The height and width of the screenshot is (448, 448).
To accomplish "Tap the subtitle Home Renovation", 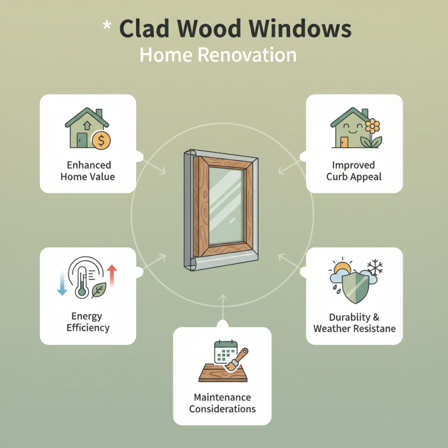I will pyautogui.click(x=218, y=55).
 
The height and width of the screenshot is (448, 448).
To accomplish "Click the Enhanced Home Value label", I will pyautogui.click(x=88, y=171).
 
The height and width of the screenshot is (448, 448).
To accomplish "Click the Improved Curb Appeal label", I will pyautogui.click(x=353, y=171).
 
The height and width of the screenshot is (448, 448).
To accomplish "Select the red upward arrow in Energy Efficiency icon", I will pyautogui.click(x=112, y=276).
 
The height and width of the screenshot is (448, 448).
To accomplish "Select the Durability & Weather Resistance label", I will pyautogui.click(x=354, y=323).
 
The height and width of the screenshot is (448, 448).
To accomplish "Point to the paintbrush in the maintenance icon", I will pyautogui.click(x=240, y=358).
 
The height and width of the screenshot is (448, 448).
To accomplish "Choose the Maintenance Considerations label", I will pyautogui.click(x=222, y=403).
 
